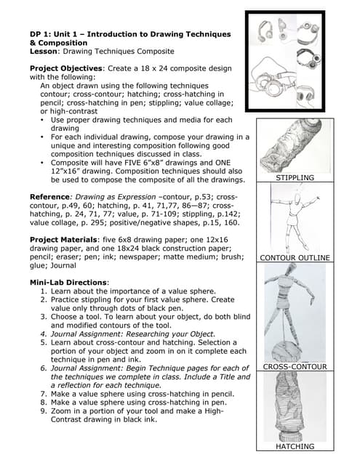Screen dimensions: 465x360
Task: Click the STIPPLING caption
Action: click(295, 177)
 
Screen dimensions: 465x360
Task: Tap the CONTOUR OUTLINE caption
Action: click(295, 258)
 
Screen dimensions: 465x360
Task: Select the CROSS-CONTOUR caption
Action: click(295, 367)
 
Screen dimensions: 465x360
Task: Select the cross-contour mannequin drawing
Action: click(294, 312)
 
